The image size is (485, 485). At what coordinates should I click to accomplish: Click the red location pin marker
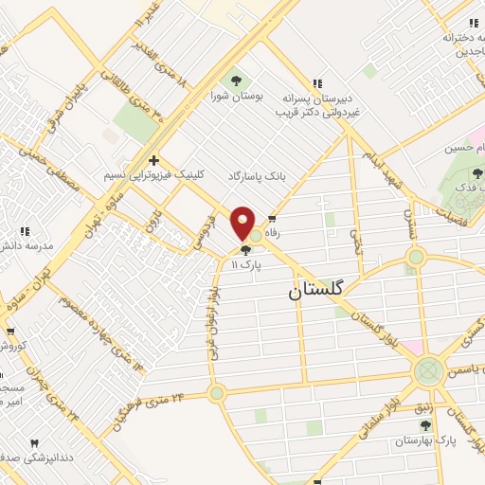(243, 224)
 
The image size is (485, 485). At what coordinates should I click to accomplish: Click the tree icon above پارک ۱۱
(246, 251)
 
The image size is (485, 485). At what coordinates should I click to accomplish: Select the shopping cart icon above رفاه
(274, 218)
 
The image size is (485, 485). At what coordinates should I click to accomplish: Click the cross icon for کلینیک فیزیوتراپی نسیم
(153, 161)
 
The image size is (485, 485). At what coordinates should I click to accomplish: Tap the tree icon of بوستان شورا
(235, 81)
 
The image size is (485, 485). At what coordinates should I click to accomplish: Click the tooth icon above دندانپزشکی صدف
(35, 443)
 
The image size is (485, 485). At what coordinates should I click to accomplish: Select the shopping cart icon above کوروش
(10, 332)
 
